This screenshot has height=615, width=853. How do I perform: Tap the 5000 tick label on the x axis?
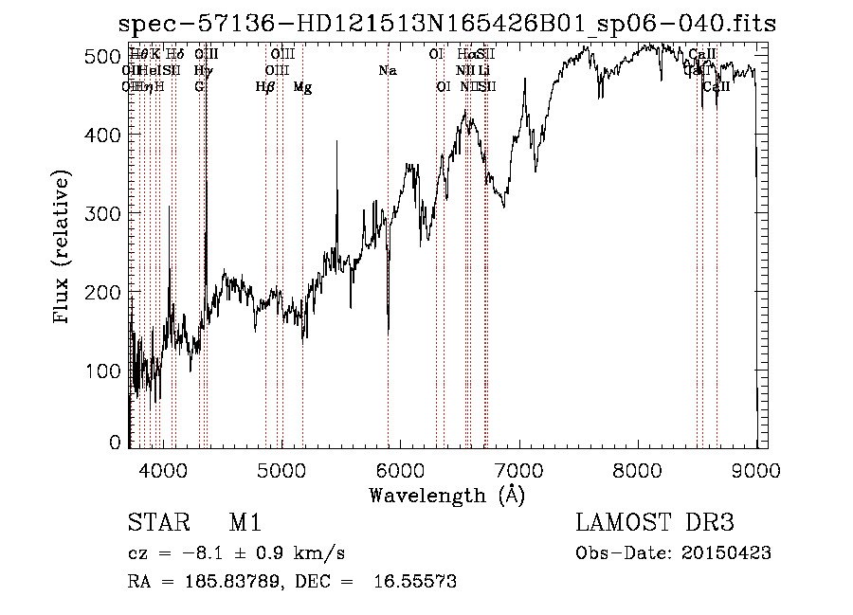[x=281, y=469]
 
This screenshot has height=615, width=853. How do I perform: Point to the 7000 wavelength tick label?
[x=519, y=469]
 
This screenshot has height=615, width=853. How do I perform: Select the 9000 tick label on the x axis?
[x=756, y=469]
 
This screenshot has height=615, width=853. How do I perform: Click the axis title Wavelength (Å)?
[x=446, y=495]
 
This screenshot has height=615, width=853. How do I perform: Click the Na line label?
[x=387, y=70]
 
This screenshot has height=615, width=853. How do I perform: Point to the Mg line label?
[x=302, y=87]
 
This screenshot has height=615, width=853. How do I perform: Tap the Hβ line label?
[x=265, y=87]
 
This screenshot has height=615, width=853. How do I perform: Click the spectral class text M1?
[x=245, y=523]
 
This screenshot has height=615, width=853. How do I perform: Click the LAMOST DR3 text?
[x=655, y=523]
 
